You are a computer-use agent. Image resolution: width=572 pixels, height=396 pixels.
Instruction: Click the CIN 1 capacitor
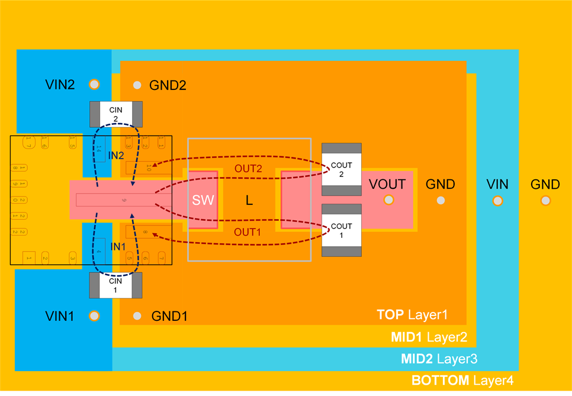pos(116,285)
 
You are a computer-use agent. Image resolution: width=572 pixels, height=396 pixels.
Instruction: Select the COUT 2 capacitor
pos(341,169)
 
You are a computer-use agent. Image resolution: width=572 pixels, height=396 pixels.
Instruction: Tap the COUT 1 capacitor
pos(341,230)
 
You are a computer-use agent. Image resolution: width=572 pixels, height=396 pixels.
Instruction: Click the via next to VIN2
pos(94,84)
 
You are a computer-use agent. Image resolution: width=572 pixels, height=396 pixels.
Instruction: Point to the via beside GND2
pos(137,85)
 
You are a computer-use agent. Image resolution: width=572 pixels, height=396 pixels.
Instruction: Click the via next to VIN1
pos(94,315)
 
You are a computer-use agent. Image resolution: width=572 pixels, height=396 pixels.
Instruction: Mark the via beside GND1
pos(137,316)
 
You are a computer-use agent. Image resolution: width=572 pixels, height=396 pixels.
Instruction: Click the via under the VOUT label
pos(388,200)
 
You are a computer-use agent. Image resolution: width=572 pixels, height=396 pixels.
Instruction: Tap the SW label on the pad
pos(201,200)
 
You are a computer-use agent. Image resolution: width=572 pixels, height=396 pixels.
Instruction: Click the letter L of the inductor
pos(249,201)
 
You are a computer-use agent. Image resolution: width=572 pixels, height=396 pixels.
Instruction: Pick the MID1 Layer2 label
pos(429,337)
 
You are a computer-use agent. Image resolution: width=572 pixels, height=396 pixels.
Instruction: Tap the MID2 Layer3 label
pos(439,359)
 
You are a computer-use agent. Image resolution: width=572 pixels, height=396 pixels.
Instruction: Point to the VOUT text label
pos(387,184)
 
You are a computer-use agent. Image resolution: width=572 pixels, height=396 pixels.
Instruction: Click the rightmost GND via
pos(545,201)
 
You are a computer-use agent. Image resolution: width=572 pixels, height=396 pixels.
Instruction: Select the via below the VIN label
pos(496,201)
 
